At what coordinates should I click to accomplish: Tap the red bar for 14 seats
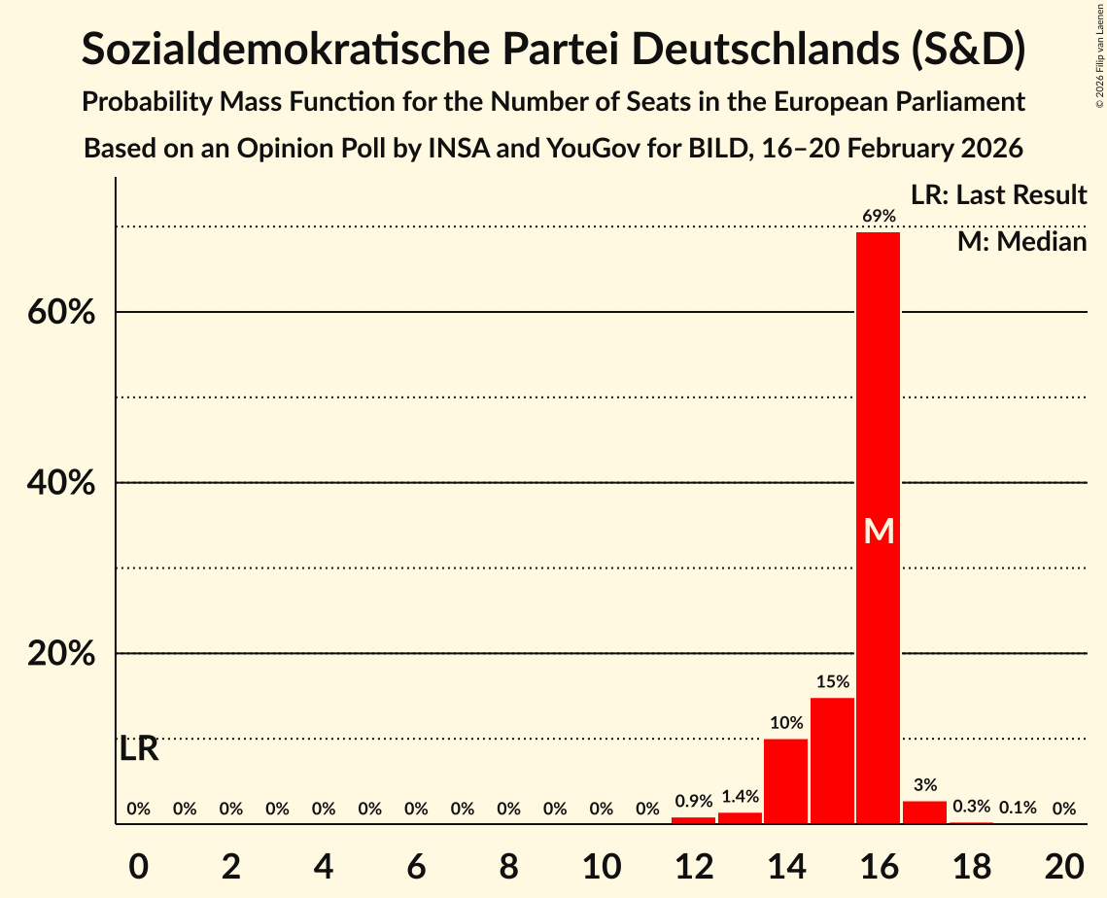tap(785, 780)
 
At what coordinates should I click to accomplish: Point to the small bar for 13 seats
tap(740, 818)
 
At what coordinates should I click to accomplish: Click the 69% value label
tap(878, 216)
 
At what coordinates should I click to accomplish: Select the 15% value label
tap(832, 682)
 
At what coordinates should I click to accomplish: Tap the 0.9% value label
tap(693, 802)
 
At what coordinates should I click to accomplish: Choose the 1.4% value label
tap(740, 797)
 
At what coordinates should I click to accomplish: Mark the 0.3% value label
tap(971, 807)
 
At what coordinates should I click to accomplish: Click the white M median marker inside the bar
tap(879, 531)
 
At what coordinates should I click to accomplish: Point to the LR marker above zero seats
tap(139, 749)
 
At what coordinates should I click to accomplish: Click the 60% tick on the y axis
tap(61, 313)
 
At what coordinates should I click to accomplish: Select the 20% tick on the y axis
tap(61, 654)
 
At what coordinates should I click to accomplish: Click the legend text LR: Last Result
tap(998, 195)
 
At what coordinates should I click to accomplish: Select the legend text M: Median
tap(1021, 242)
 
